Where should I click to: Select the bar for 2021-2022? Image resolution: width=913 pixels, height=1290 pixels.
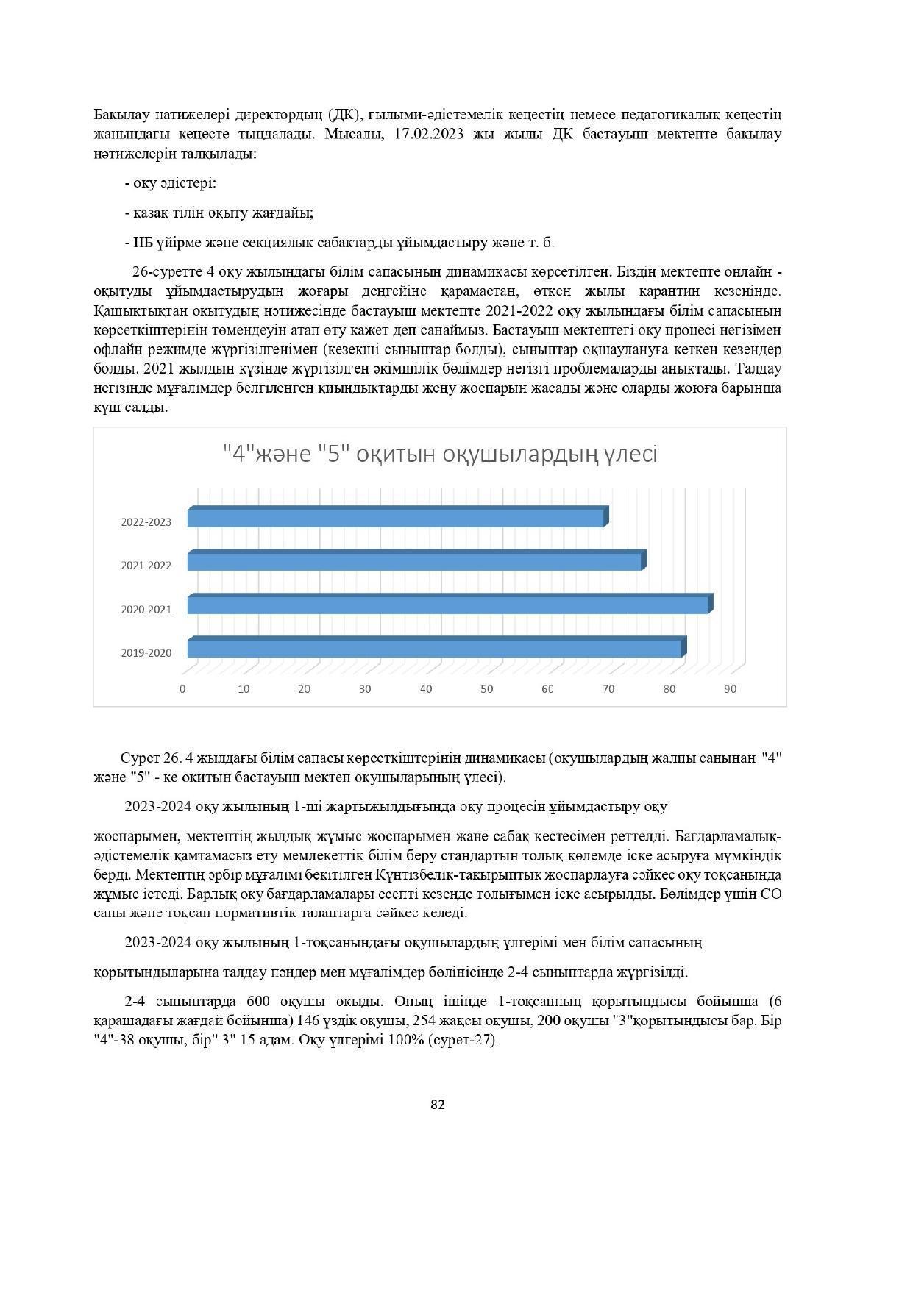[416, 561]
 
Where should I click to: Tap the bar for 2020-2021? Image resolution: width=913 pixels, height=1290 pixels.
[449, 605]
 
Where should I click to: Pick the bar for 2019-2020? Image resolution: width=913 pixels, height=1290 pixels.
[436, 649]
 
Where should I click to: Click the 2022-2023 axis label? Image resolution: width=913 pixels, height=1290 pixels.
[146, 522]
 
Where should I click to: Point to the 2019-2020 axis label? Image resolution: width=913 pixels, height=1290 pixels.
[146, 653]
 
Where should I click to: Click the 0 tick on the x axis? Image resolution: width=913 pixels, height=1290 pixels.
[182, 689]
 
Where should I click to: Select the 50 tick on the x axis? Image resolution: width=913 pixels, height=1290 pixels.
[486, 689]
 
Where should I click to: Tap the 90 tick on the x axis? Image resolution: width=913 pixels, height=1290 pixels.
[730, 689]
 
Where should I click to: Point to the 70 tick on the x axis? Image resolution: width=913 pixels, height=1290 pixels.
[608, 689]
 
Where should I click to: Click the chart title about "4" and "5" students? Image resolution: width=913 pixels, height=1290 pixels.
[440, 454]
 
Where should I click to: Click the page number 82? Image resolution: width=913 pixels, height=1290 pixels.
[438, 1104]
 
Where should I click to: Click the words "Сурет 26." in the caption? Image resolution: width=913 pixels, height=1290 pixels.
[152, 758]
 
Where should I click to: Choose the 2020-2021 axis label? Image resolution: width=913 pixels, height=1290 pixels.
[146, 610]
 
